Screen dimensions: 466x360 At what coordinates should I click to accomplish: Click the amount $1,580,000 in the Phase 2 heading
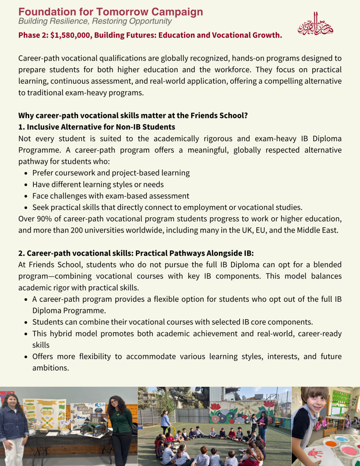pyautogui.click(x=72, y=35)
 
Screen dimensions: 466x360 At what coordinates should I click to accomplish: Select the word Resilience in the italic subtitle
pyautogui.click(x=64, y=21)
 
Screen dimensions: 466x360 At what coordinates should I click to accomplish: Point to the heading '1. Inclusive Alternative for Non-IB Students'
pyautogui.click(x=97, y=127)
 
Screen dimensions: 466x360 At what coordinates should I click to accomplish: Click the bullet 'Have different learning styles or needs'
pyautogui.click(x=98, y=184)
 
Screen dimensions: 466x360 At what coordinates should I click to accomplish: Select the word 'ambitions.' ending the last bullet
pyautogui.click(x=50, y=367)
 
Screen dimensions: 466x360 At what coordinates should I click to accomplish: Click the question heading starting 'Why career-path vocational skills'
pyautogui.click(x=133, y=116)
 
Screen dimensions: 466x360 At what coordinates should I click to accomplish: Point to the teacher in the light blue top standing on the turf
pyautogui.click(x=166, y=422)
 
